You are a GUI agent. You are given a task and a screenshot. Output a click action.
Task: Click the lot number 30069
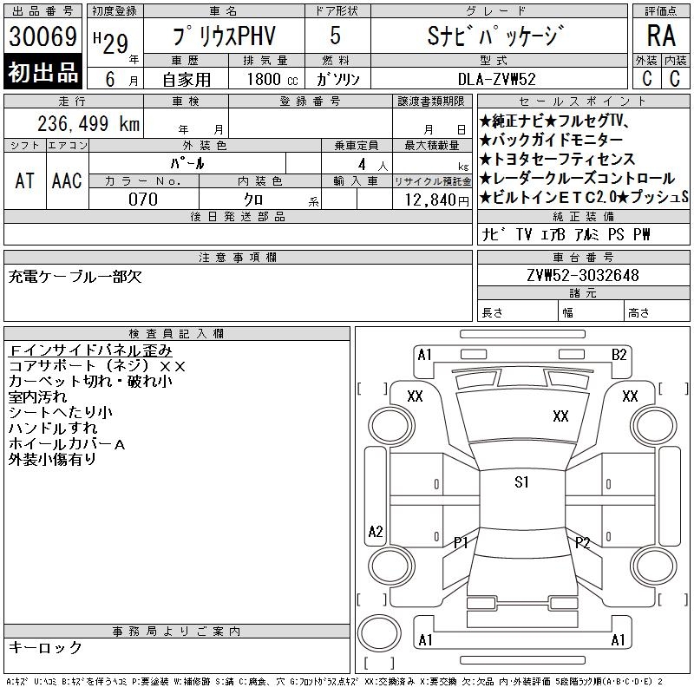pyautogui.click(x=43, y=36)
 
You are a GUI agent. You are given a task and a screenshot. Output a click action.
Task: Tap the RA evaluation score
pyautogui.click(x=661, y=36)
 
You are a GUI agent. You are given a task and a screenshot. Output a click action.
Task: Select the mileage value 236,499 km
pyautogui.click(x=88, y=123)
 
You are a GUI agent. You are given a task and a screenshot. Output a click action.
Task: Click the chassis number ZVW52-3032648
pyautogui.click(x=583, y=275)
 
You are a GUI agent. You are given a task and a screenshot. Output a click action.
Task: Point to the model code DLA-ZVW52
pyautogui.click(x=496, y=79)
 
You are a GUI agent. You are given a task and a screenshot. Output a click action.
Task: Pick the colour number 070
pyautogui.click(x=143, y=200)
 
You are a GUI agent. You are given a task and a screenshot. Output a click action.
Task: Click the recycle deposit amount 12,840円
pyautogui.click(x=436, y=200)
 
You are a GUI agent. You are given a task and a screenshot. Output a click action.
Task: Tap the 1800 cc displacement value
pyautogui.click(x=272, y=79)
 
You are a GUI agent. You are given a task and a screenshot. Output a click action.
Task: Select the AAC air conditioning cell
pyautogui.click(x=67, y=180)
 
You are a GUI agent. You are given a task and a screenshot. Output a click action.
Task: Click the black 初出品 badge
pyautogui.click(x=43, y=72)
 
